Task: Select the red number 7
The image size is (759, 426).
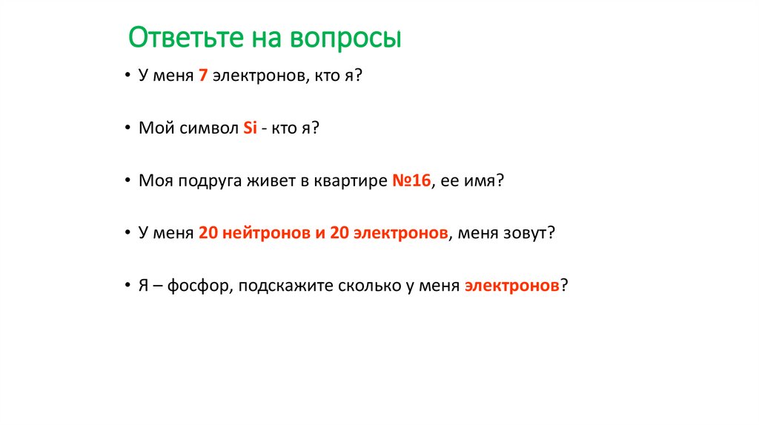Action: click(x=202, y=76)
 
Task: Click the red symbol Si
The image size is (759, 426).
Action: click(x=250, y=128)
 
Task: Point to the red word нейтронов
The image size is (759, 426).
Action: click(x=265, y=233)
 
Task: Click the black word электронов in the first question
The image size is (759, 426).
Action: click(x=256, y=76)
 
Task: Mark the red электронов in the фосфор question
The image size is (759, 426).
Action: click(x=511, y=286)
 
